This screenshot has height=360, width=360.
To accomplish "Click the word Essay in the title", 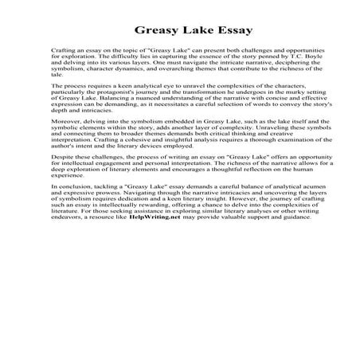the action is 231,32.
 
